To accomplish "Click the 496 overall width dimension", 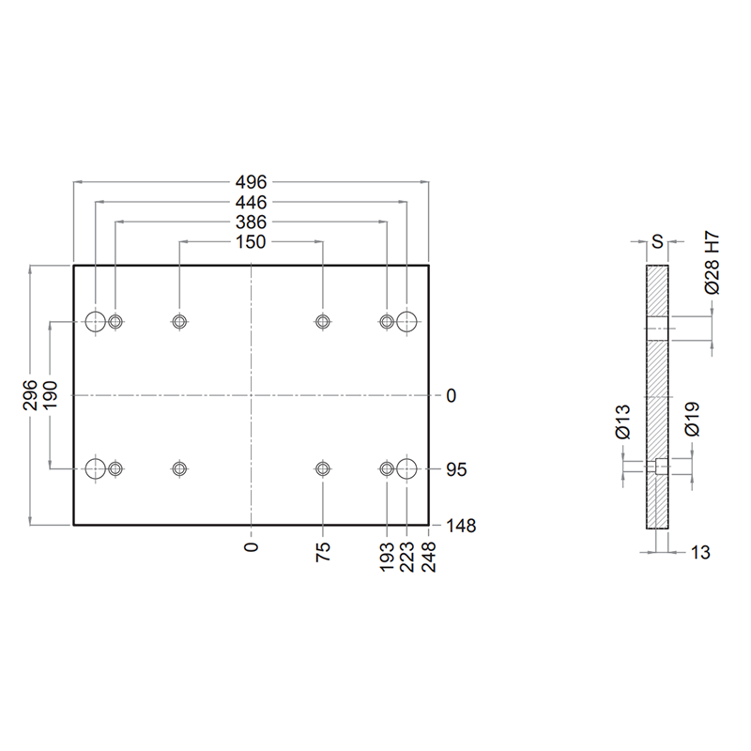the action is [251, 182].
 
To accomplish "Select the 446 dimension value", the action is [251, 203].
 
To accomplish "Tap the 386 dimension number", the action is [251, 222].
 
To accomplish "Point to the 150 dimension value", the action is [251, 242].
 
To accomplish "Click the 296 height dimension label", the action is [30, 394].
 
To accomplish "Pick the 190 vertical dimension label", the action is [50, 394].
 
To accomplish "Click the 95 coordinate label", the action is [456, 469].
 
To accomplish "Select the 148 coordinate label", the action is [461, 526].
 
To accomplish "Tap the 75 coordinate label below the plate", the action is [323, 552].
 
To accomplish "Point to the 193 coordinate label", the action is [387, 557].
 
